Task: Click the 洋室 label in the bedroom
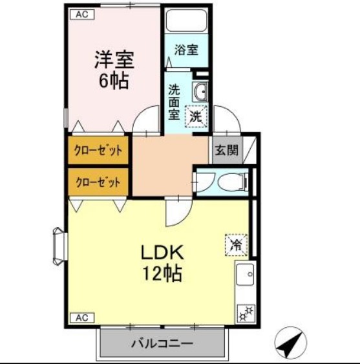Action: [114, 60]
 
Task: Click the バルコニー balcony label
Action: [164, 343]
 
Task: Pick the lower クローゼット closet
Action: [98, 182]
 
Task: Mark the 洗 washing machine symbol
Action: [197, 117]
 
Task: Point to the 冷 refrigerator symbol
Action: [235, 245]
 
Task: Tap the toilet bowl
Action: [230, 184]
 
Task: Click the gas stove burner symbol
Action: [246, 314]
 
